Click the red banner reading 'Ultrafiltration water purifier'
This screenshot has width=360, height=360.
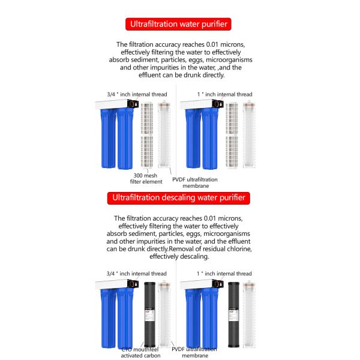[179, 25]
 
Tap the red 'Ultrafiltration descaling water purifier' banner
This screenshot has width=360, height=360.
[179, 197]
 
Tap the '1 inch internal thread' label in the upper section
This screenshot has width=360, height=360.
[224, 94]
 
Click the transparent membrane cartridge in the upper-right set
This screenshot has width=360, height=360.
[249, 135]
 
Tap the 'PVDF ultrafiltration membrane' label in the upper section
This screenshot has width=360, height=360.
[194, 182]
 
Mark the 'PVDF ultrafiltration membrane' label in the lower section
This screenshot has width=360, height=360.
[194, 352]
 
